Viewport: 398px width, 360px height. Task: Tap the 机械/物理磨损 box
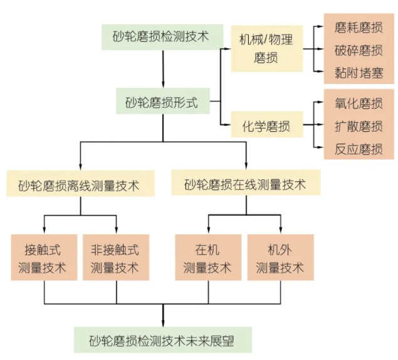(x=266, y=49)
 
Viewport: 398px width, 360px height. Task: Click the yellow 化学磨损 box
(x=266, y=126)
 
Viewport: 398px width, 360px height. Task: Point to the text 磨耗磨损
(x=359, y=28)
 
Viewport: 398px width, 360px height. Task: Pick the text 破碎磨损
(x=359, y=50)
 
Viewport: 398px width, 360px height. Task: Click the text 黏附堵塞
(x=359, y=71)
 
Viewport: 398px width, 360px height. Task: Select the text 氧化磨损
(x=359, y=103)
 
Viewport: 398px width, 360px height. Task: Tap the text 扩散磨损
(x=359, y=126)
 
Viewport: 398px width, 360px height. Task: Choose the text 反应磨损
(x=359, y=149)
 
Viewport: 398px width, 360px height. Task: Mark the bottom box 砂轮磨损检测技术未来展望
(x=162, y=339)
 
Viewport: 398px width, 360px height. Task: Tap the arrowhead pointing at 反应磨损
(x=319, y=149)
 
